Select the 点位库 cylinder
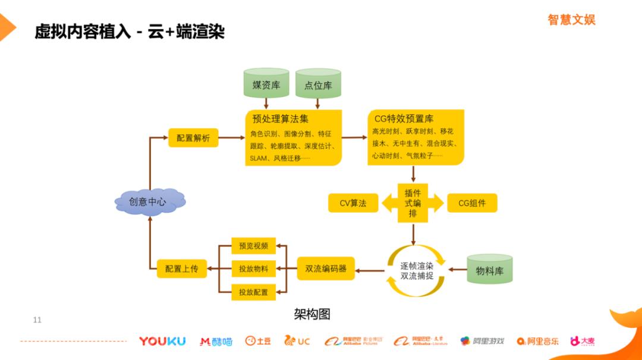[x=318, y=84]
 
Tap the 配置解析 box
[x=193, y=138]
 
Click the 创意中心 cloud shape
[x=149, y=202]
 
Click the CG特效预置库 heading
[x=404, y=119]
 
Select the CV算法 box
[x=353, y=203]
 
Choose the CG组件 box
[x=472, y=203]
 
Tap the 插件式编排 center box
[x=413, y=203]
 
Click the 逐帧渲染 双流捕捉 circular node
[x=416, y=271]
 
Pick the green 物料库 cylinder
[x=489, y=270]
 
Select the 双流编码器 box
[x=326, y=269]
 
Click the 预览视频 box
[x=253, y=245]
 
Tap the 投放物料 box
[x=253, y=269]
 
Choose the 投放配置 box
[x=253, y=292]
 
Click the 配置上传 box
[x=182, y=269]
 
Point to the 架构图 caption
[x=311, y=314]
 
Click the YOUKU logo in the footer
[x=162, y=341]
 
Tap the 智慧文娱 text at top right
[x=571, y=20]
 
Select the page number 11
[x=37, y=320]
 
